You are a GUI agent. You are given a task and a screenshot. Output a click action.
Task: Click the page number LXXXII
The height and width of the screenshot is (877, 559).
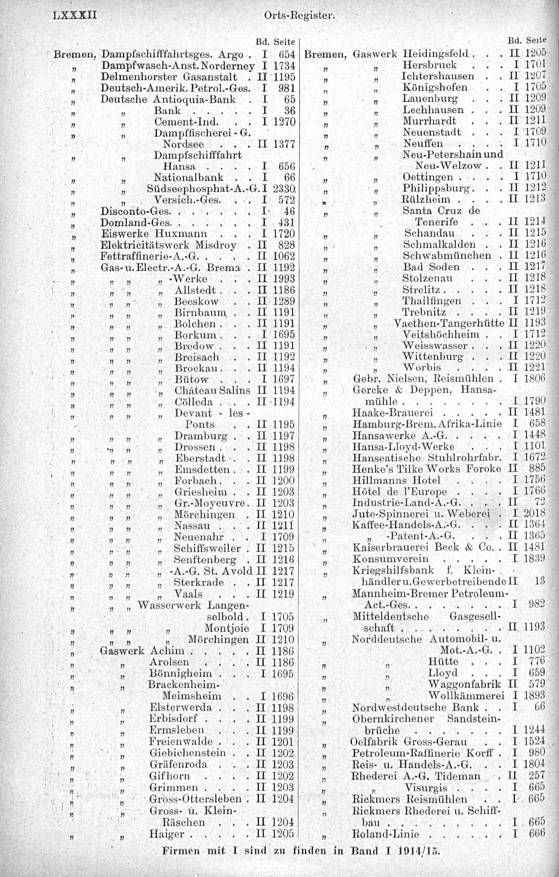(74, 16)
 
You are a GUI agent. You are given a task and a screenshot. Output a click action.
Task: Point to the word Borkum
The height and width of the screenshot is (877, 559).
(195, 335)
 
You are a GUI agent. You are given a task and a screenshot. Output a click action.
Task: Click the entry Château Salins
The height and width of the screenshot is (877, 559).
(212, 390)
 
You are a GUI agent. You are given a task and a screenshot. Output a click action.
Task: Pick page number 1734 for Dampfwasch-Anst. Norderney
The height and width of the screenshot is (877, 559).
(283, 66)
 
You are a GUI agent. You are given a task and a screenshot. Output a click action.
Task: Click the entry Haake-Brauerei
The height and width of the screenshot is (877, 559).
(392, 413)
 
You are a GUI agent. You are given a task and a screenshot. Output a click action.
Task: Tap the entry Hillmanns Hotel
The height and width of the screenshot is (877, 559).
(396, 480)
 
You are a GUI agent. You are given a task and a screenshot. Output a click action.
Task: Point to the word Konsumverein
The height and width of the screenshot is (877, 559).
(390, 559)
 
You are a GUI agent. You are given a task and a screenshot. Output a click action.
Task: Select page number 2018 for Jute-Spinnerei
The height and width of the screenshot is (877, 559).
(534, 514)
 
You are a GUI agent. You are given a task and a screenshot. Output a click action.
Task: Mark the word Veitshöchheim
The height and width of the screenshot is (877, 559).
(440, 334)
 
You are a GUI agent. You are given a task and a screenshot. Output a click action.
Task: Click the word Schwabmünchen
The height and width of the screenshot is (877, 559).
(447, 256)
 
